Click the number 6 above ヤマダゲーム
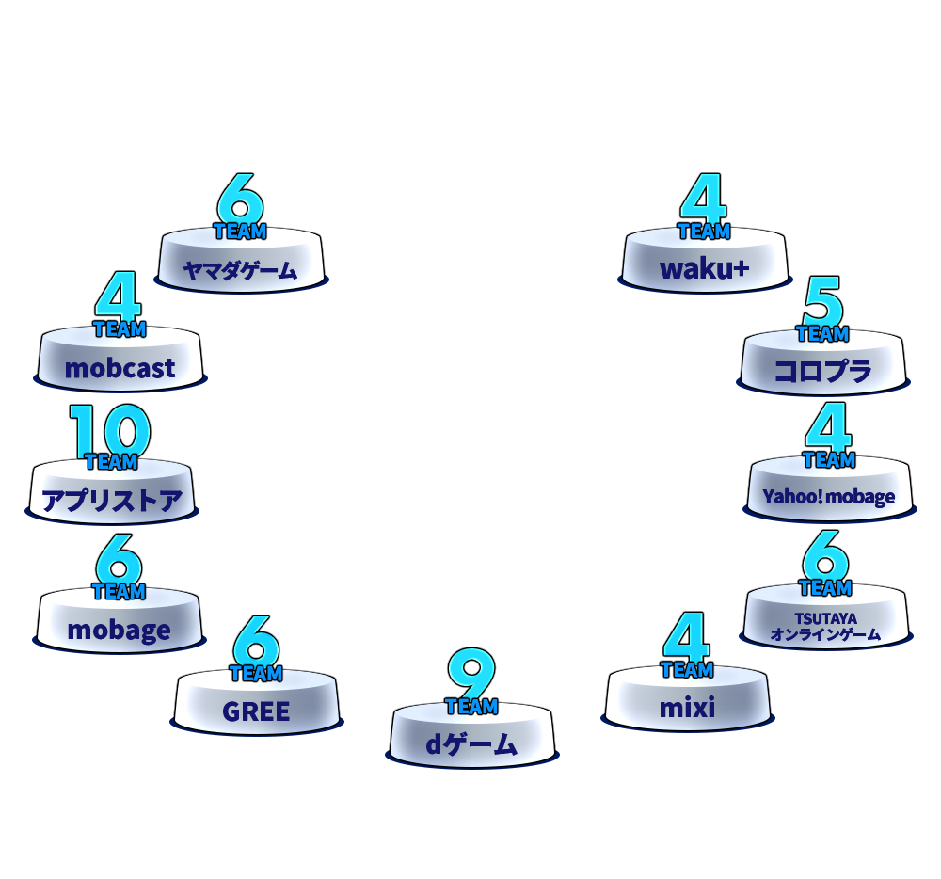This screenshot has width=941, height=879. pyautogui.click(x=240, y=198)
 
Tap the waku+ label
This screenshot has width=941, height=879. pyautogui.click(x=705, y=269)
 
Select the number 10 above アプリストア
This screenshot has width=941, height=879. pyautogui.click(x=110, y=429)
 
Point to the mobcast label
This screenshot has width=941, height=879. pyautogui.click(x=120, y=368)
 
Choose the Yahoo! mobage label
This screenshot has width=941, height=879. pyautogui.click(x=829, y=497)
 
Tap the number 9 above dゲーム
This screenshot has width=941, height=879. pyautogui.click(x=471, y=673)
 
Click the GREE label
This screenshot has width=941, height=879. pyautogui.click(x=256, y=712)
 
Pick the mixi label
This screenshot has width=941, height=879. pyautogui.click(x=687, y=708)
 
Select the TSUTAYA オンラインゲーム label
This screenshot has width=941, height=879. pyautogui.click(x=826, y=627)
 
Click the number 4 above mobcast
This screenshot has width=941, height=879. pyautogui.click(x=119, y=296)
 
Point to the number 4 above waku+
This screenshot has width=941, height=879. pyautogui.click(x=703, y=198)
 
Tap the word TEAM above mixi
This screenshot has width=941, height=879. pyautogui.click(x=687, y=669)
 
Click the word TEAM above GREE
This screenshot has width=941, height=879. pyautogui.click(x=256, y=673)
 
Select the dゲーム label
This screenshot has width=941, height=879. pyautogui.click(x=471, y=744)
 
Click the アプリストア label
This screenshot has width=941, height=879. pyautogui.click(x=112, y=500)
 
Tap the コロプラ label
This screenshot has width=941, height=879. pyautogui.click(x=822, y=371)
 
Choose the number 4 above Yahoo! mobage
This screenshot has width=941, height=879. pyautogui.click(x=829, y=426)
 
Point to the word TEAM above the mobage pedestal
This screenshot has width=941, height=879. pyautogui.click(x=119, y=592)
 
